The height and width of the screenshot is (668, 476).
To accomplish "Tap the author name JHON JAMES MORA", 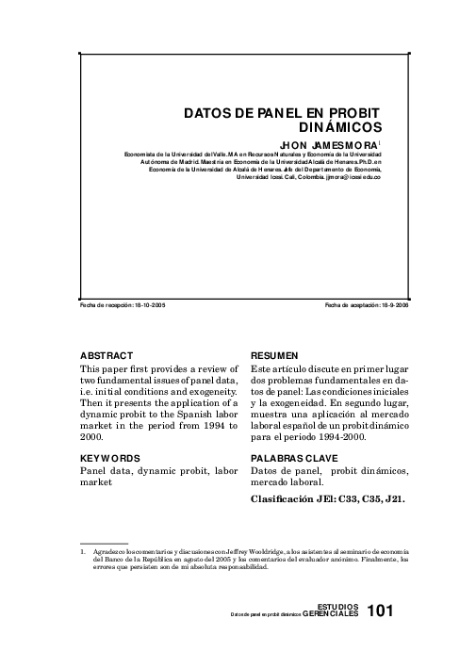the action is [x=328, y=144].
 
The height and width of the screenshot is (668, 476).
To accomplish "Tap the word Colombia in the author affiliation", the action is [x=312, y=176].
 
